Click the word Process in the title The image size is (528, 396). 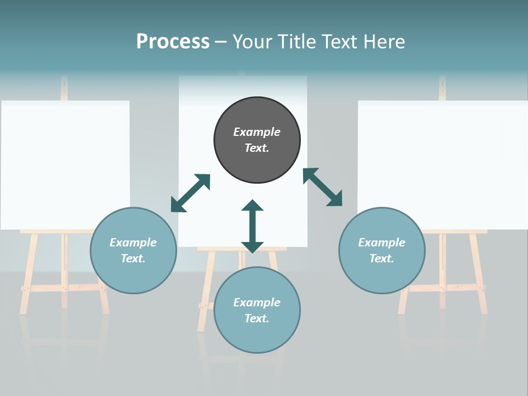173,41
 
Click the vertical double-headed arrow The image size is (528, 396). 252,226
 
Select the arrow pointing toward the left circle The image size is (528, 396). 190,193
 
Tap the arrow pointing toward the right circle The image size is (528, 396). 323,187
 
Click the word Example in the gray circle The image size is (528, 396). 257,132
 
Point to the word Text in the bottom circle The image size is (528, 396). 257,318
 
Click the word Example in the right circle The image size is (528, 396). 382,243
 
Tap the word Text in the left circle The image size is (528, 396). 133,258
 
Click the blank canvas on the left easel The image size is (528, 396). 65,159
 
